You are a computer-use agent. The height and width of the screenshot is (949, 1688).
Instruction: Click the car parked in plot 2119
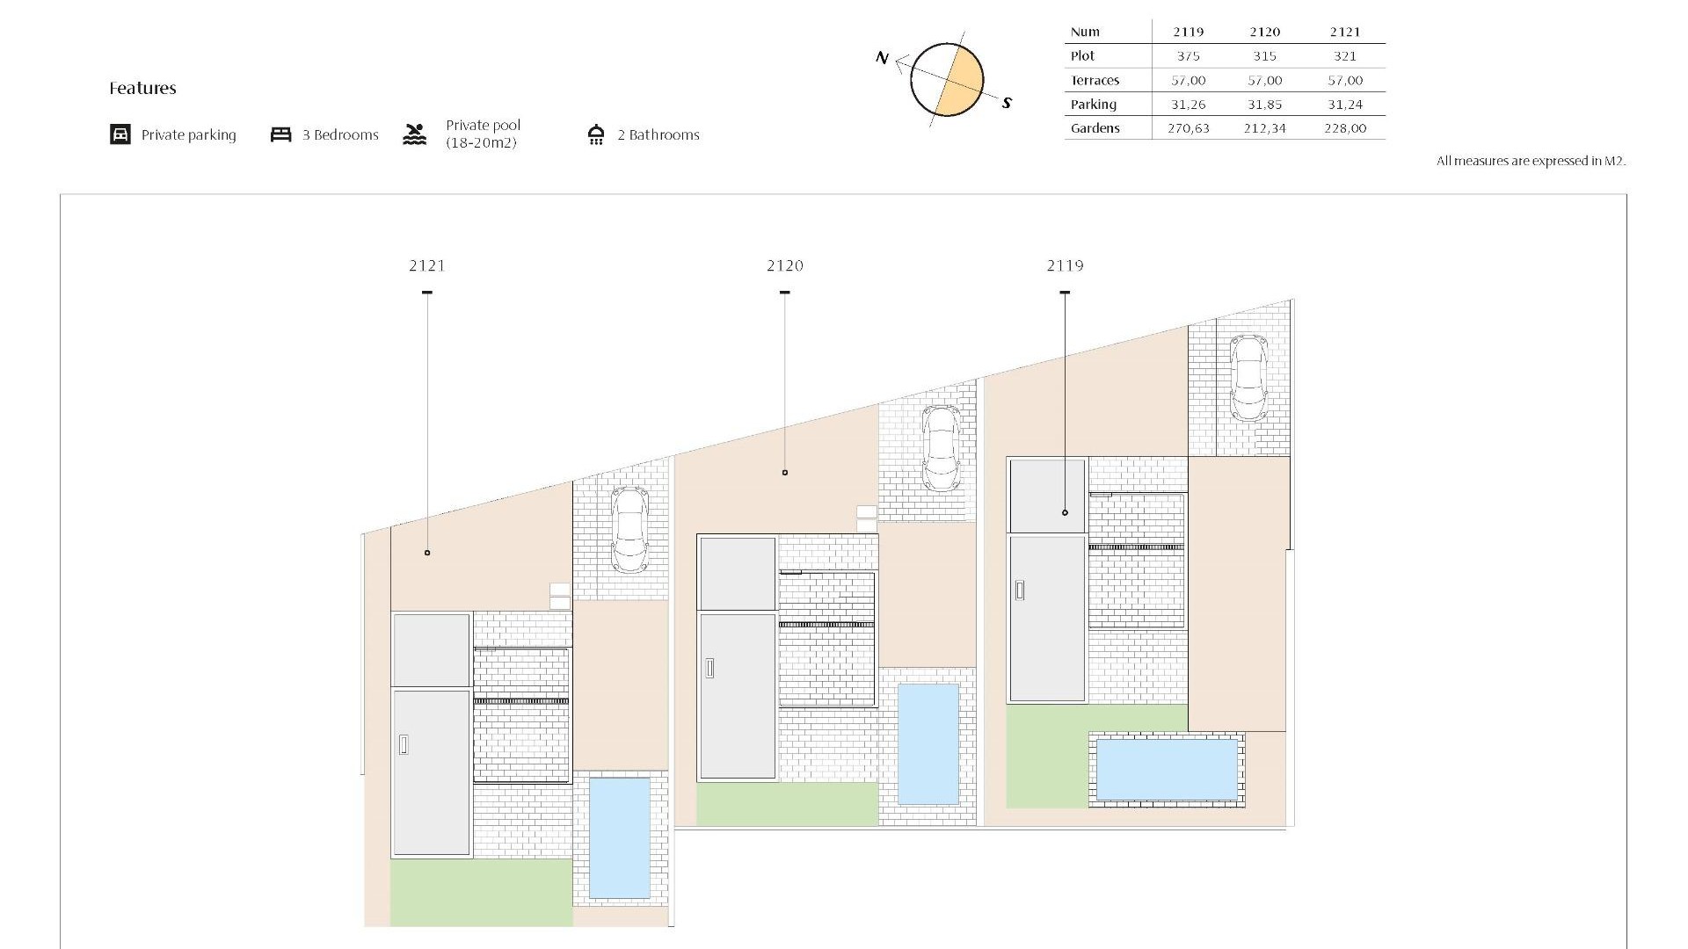point(1248,379)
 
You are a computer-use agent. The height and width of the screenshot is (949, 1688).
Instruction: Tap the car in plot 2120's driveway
point(940,448)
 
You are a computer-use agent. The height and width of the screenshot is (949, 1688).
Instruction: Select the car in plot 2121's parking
point(629,529)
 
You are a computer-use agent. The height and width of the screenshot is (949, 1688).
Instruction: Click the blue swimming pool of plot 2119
point(1167,769)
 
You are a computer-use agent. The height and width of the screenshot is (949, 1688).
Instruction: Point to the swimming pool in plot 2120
point(928,744)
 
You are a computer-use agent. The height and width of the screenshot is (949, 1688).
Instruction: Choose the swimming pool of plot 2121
point(619,837)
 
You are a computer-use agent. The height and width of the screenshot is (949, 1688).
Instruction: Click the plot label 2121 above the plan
point(427,265)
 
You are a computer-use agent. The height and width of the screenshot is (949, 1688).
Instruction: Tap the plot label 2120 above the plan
point(785,265)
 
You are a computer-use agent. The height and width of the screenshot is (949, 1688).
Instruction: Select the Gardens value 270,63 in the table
point(1188,128)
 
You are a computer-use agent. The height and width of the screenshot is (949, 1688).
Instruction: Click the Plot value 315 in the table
point(1264,56)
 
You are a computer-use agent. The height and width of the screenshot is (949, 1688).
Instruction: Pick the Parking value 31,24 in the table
point(1344,105)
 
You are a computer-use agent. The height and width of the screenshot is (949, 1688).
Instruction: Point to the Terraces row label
point(1095,81)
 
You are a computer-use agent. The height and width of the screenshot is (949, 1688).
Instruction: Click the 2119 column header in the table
point(1188,32)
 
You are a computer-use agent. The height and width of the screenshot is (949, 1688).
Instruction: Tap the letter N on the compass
point(883,58)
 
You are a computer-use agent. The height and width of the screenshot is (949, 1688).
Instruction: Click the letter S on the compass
point(1007,103)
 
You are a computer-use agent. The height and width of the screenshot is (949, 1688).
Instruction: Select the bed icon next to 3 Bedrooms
point(280,134)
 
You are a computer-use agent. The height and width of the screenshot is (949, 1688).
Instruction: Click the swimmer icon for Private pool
point(415,134)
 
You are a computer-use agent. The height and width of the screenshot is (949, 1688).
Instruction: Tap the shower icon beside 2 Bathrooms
point(596,134)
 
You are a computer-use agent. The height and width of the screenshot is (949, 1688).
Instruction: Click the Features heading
point(142,88)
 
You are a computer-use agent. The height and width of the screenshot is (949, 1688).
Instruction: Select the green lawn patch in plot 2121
point(481,892)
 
